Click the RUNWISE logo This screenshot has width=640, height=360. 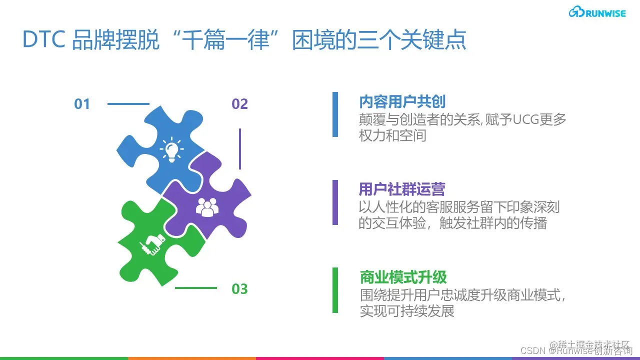[597, 12]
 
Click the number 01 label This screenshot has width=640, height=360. [82, 104]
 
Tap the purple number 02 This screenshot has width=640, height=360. [239, 104]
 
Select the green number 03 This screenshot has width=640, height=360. [239, 289]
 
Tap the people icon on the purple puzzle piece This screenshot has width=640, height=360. [207, 206]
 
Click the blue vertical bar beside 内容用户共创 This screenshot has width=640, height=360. [335, 114]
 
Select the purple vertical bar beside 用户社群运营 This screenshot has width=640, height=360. [335, 202]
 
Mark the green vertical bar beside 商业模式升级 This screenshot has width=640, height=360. [335, 290]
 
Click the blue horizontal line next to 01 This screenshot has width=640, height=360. [128, 104]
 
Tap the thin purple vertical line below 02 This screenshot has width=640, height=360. [240, 148]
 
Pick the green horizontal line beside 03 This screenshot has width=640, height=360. [195, 288]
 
